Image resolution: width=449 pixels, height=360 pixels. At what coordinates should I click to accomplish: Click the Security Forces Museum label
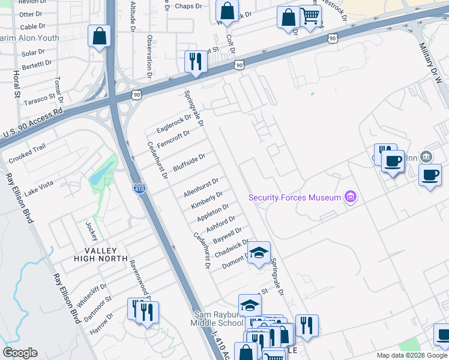[295, 197]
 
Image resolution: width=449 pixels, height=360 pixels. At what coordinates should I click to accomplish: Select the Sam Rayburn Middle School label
[218, 319]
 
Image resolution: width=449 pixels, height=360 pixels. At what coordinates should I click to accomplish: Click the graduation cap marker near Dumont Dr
[259, 253]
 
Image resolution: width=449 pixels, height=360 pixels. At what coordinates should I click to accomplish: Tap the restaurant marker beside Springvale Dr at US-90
[196, 62]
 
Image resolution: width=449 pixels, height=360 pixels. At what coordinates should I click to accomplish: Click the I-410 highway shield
[139, 188]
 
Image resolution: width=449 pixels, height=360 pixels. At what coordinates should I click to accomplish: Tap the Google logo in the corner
[20, 353]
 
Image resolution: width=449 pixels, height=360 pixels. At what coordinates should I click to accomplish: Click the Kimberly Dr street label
[207, 200]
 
